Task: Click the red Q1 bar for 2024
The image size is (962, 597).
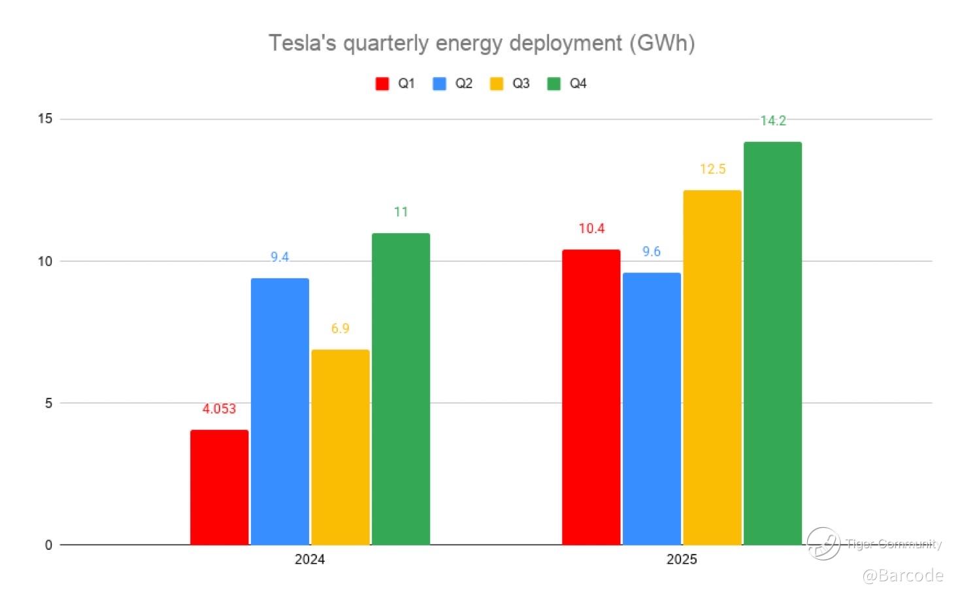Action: pyautogui.click(x=220, y=487)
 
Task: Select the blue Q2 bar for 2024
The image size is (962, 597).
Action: pyautogui.click(x=280, y=411)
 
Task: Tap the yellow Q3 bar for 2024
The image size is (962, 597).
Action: pyautogui.click(x=340, y=447)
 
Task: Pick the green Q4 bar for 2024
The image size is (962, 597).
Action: pyautogui.click(x=401, y=389)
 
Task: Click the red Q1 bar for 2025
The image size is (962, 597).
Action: pyautogui.click(x=591, y=397)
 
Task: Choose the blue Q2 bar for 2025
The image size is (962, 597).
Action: pyautogui.click(x=652, y=409)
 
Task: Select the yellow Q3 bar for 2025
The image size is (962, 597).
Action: pyautogui.click(x=712, y=368)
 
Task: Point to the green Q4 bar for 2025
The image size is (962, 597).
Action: pyautogui.click(x=772, y=344)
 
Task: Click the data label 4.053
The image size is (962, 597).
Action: pyautogui.click(x=219, y=409)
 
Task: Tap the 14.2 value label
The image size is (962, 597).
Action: pyautogui.click(x=773, y=121)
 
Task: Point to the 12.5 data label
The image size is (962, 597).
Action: pyautogui.click(x=712, y=169)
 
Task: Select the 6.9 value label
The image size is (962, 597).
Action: pyautogui.click(x=340, y=329)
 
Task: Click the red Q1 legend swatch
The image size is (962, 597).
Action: pyautogui.click(x=382, y=84)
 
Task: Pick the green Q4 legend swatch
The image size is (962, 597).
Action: pyautogui.click(x=554, y=84)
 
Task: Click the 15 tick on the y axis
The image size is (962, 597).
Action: pyautogui.click(x=45, y=119)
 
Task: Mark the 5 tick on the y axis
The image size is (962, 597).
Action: pyautogui.click(x=48, y=403)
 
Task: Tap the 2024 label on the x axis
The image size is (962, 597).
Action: pyautogui.click(x=310, y=560)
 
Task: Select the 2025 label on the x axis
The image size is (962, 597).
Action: pyautogui.click(x=682, y=560)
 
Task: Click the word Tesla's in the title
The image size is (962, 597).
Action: pyautogui.click(x=303, y=43)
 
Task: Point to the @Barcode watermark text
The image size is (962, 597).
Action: pyautogui.click(x=903, y=575)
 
